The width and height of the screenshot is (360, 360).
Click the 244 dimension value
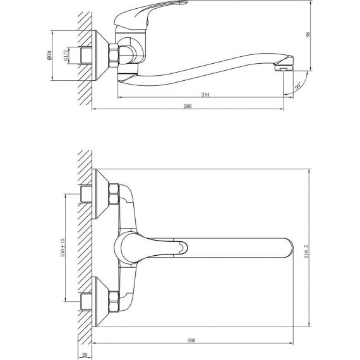[205, 94]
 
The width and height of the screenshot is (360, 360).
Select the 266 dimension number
[188, 106]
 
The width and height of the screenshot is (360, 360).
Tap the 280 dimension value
[191, 340]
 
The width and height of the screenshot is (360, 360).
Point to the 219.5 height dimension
[307, 251]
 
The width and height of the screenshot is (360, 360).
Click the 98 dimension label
[308, 35]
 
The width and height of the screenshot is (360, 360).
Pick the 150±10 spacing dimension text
[63, 248]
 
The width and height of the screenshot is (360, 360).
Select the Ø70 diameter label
[49, 56]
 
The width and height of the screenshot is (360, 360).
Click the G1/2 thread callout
[66, 56]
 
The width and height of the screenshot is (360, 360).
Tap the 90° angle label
[297, 86]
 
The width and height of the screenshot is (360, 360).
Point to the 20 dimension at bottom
[85, 355]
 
